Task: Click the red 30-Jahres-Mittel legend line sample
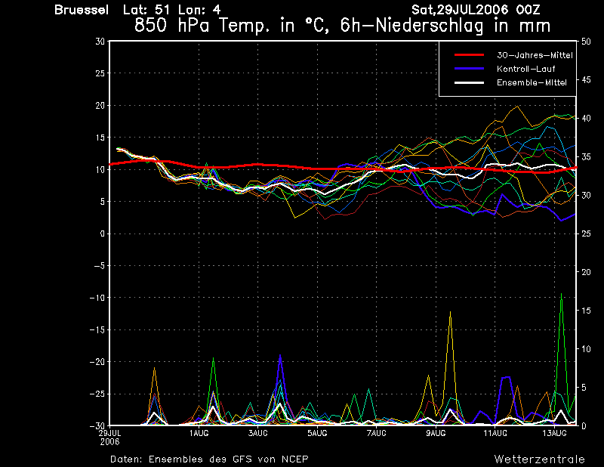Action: click(x=469, y=55)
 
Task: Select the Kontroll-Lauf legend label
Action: click(x=525, y=69)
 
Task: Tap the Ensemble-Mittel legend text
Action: click(x=532, y=82)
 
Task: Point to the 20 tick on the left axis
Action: click(x=100, y=105)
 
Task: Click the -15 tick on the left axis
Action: click(x=97, y=329)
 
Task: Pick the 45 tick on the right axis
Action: click(x=586, y=80)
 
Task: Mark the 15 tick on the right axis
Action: click(x=586, y=311)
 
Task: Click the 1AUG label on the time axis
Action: click(x=199, y=433)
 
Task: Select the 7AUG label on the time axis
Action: click(x=376, y=433)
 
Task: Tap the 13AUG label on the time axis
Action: click(x=554, y=433)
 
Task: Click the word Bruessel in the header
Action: click(x=82, y=10)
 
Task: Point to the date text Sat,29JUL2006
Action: click(x=460, y=10)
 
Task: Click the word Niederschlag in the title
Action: click(x=429, y=26)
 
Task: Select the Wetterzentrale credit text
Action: click(x=540, y=459)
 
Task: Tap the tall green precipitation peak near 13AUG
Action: click(x=561, y=294)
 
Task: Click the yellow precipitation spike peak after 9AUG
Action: click(x=450, y=312)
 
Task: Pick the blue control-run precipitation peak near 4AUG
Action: click(x=280, y=355)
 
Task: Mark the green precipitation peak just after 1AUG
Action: click(x=213, y=358)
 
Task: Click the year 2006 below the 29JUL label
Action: click(x=109, y=442)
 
